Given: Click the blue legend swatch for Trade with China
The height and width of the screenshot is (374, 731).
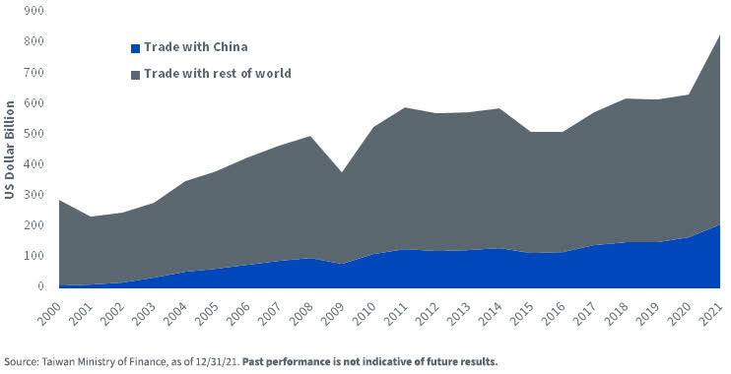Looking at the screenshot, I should coord(135,47).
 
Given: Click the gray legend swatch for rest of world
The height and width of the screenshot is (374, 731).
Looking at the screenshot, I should coord(135,74).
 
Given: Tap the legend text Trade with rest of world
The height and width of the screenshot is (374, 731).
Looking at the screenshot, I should coord(217,74).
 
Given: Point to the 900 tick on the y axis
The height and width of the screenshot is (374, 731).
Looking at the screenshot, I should coord(34,11).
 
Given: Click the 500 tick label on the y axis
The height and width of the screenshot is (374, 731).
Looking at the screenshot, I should coord(34,134).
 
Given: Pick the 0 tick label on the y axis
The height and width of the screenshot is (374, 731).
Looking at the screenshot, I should coord(40,286).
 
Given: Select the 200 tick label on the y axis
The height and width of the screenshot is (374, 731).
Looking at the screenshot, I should coord(34,225).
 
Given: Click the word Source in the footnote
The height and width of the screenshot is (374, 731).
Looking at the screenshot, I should coord(23,361).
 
